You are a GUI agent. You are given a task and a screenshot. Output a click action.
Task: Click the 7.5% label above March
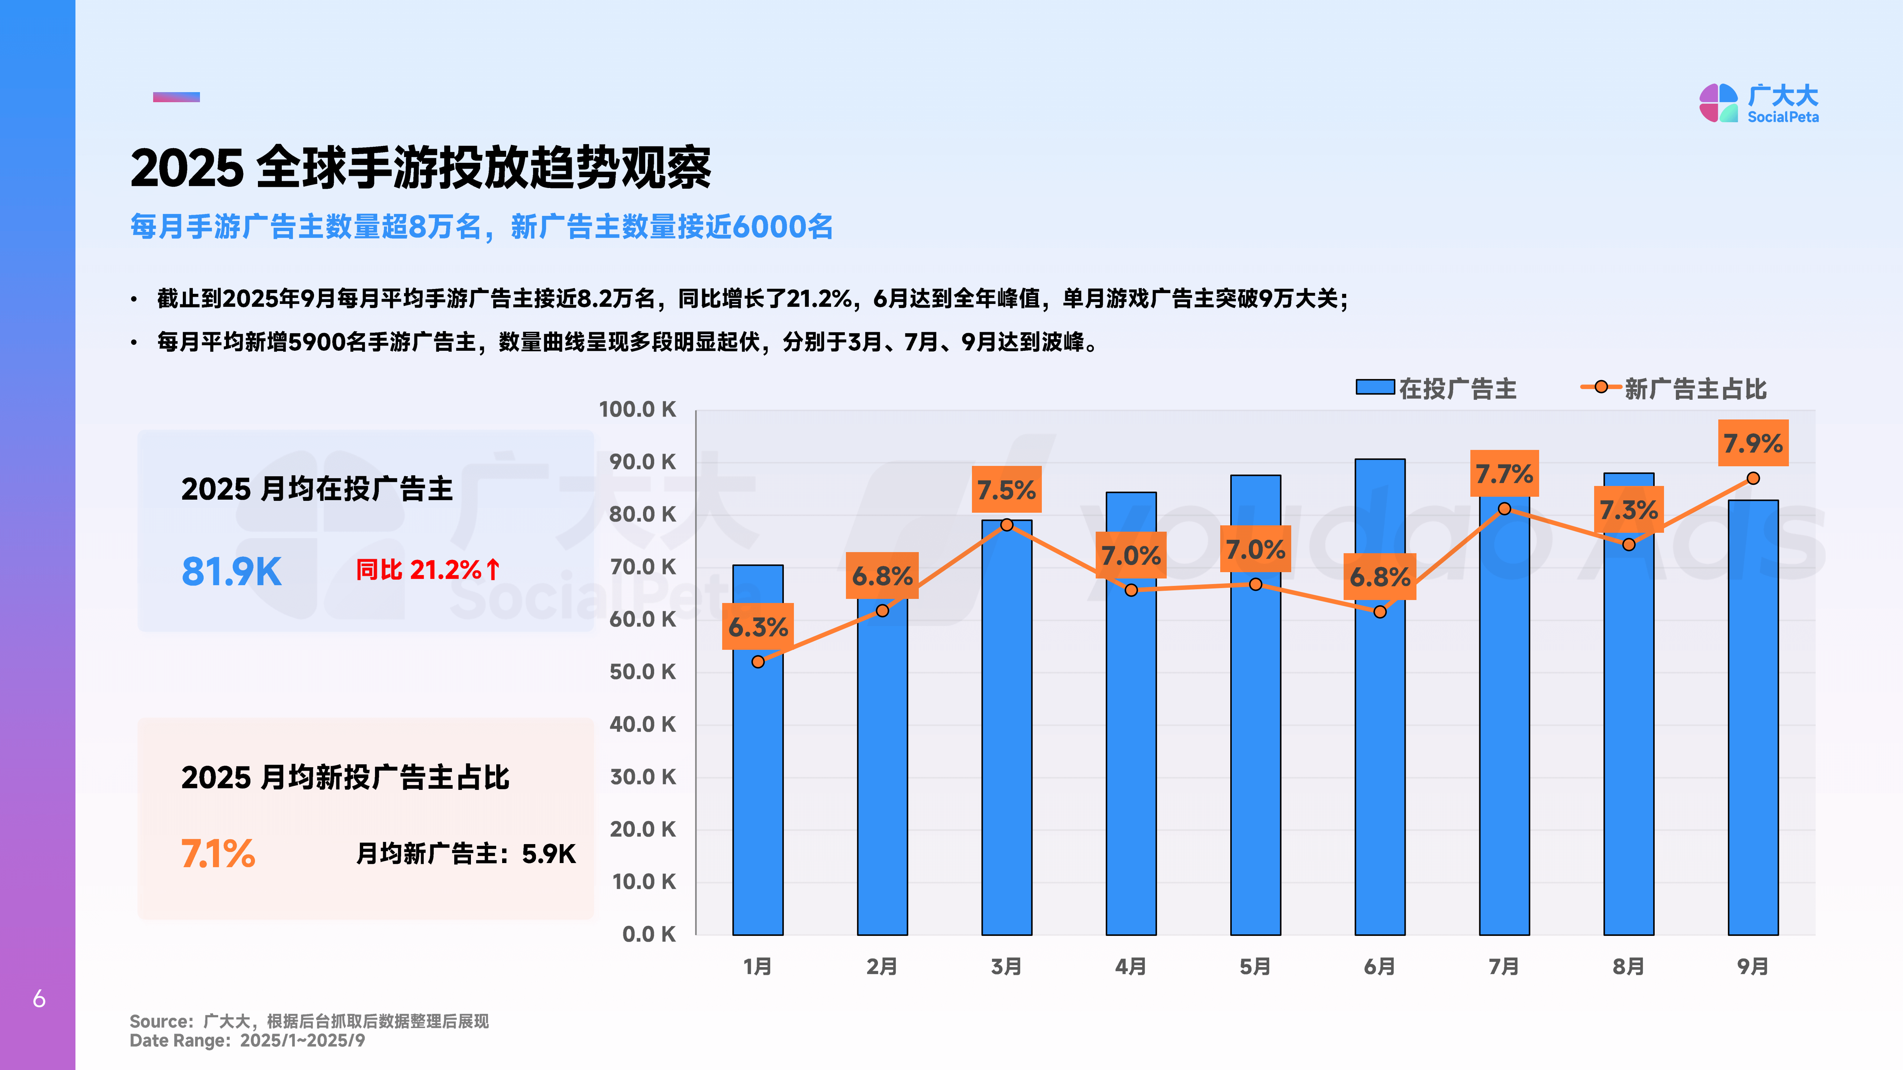1006,490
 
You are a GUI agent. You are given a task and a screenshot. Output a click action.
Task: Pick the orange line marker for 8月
1628,544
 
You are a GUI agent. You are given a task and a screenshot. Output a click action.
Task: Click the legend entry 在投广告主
1437,388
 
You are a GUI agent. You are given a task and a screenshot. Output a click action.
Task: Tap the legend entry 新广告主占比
1674,388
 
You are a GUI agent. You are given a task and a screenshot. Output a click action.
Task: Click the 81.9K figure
231,571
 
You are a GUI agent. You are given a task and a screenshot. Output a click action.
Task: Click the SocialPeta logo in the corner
1758,103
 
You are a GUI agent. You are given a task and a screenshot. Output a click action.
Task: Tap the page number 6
39,999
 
